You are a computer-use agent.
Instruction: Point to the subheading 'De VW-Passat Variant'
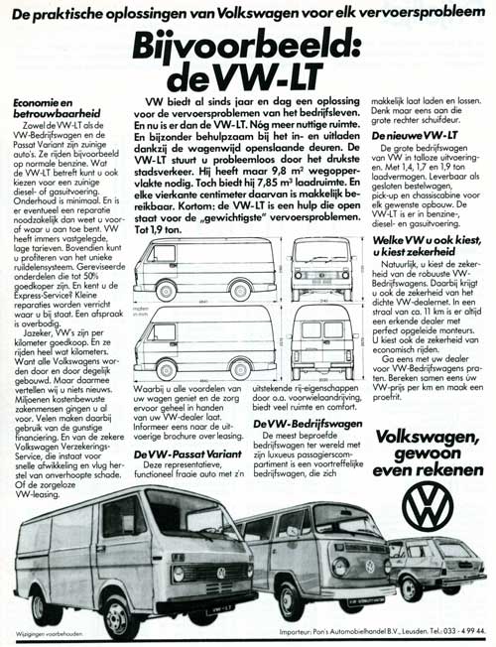click(x=185, y=453)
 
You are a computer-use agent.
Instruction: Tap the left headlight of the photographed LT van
click(x=179, y=574)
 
